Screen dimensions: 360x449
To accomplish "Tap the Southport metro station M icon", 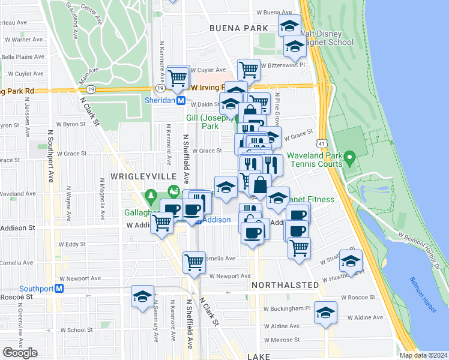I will coord(59,289).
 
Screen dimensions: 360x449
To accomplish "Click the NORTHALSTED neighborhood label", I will coord(285,284).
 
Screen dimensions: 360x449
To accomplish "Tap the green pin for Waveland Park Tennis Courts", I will coord(351,158).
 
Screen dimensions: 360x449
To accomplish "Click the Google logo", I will coord(20,352).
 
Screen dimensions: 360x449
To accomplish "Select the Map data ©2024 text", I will coord(423,355).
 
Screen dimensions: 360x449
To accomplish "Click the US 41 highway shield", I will coord(323,143).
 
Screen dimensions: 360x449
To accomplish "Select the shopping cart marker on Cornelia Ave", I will coord(194,262).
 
